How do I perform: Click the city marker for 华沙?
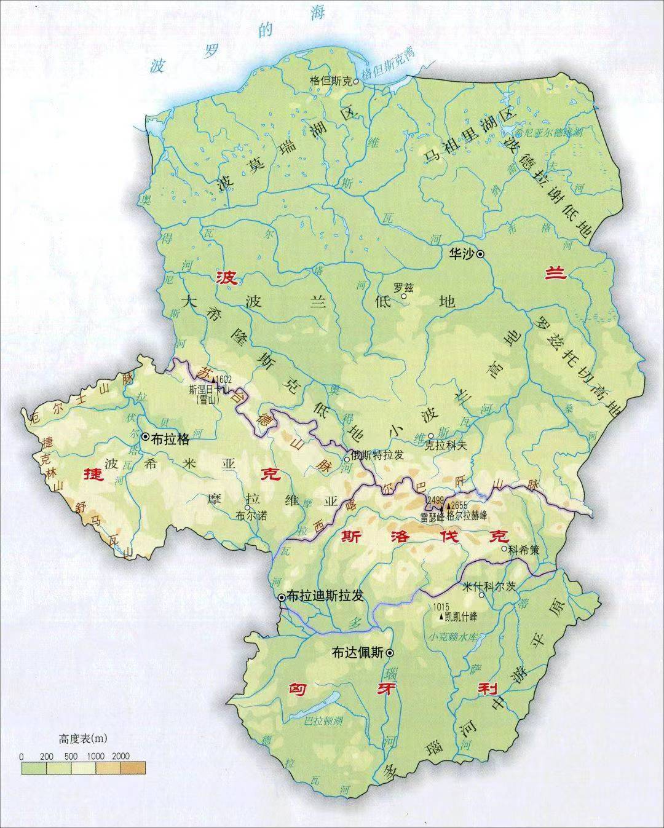coord(481,253)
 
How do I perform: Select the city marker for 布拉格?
coord(146,436)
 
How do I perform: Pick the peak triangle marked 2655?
coord(449,505)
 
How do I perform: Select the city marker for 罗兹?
coord(404,296)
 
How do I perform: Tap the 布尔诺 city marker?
coord(248,508)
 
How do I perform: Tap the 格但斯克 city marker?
coord(355,81)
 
